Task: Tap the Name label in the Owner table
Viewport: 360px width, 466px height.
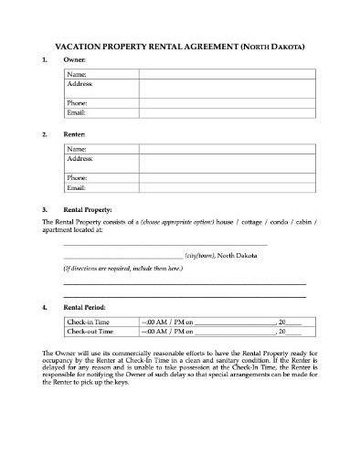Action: click(x=77, y=74)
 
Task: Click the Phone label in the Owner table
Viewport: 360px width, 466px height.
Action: click(x=77, y=103)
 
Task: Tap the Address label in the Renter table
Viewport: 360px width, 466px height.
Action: click(x=80, y=158)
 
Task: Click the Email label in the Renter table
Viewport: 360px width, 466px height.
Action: click(x=76, y=187)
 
